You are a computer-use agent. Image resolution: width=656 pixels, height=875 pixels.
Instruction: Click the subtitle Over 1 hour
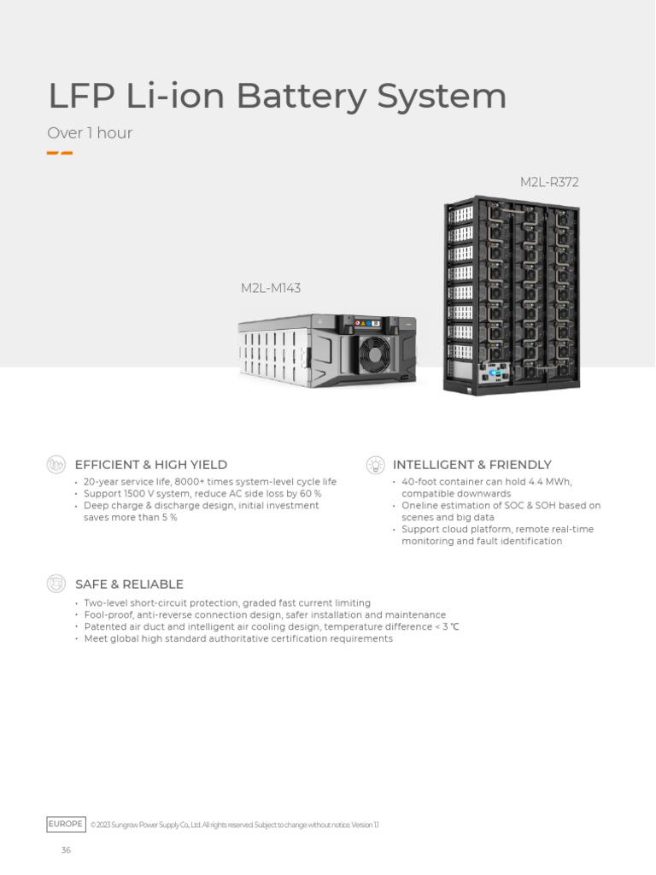(90, 133)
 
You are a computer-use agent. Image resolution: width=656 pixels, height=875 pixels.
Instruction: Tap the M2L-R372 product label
(549, 182)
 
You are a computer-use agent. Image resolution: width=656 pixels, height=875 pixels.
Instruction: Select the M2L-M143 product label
(271, 288)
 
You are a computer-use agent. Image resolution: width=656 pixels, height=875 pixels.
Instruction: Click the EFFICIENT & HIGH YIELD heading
(151, 465)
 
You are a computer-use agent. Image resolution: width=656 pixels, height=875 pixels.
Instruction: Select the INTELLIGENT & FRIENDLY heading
(472, 465)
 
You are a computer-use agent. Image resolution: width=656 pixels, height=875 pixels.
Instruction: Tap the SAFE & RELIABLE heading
(129, 584)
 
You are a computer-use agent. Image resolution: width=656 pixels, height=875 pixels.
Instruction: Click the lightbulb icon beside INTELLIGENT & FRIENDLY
(375, 465)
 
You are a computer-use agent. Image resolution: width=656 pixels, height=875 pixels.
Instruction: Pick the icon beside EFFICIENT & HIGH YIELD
(56, 465)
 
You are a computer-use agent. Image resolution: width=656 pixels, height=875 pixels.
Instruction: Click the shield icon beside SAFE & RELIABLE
(56, 584)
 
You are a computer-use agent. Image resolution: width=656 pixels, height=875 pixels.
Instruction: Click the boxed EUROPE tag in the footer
(66, 825)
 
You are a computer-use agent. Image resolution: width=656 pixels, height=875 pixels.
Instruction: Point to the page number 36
(66, 850)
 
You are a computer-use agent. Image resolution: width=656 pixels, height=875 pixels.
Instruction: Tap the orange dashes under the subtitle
(59, 154)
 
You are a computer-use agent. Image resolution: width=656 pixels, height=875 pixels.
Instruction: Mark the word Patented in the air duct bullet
(105, 627)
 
